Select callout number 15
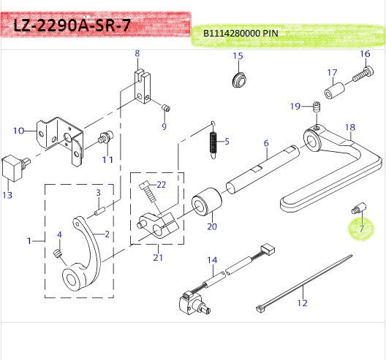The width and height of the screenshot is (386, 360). pyautogui.click(x=238, y=56)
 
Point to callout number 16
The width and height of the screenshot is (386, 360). pyautogui.click(x=366, y=54)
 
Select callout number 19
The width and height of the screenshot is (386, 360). pyautogui.click(x=295, y=107)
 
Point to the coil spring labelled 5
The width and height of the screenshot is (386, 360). pyautogui.click(x=214, y=140)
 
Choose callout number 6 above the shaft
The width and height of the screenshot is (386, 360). pyautogui.click(x=266, y=143)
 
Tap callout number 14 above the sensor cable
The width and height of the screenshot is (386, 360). pyautogui.click(x=212, y=259)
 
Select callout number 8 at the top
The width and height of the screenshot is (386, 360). pyautogui.click(x=136, y=53)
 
